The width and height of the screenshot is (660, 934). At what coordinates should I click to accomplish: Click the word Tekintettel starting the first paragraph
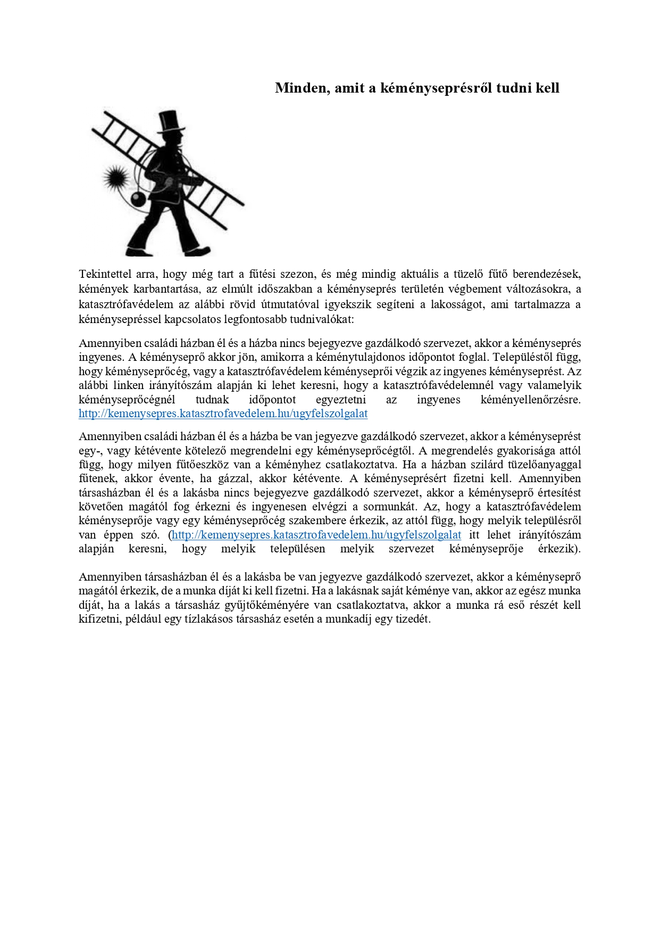(105, 274)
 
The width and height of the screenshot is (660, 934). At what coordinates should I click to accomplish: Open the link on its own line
(223, 414)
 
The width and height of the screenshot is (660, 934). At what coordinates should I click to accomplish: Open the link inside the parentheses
(316, 535)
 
